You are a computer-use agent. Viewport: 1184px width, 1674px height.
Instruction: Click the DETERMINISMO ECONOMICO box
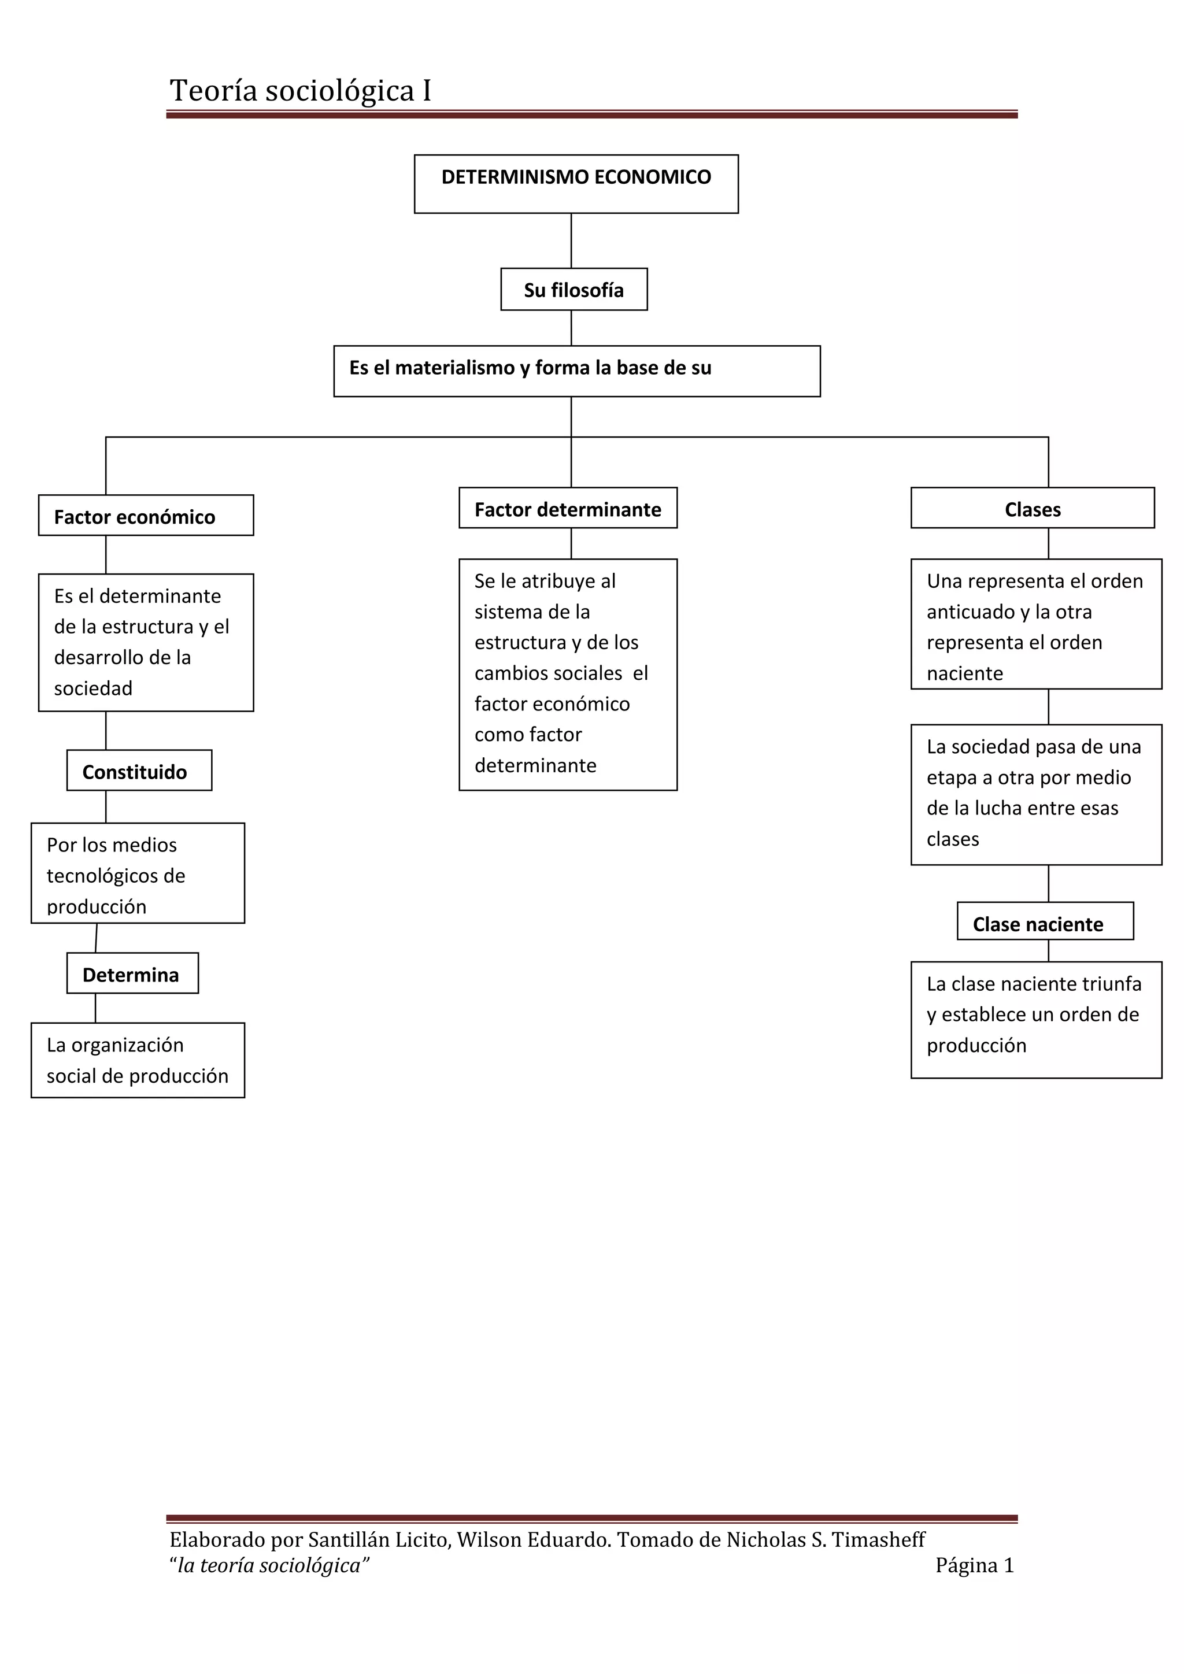click(x=576, y=184)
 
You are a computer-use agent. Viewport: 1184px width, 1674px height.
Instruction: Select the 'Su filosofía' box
click(x=573, y=290)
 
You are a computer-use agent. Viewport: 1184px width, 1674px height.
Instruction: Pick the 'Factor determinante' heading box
click(x=568, y=508)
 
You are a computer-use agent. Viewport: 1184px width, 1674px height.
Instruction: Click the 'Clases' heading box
click(x=1033, y=508)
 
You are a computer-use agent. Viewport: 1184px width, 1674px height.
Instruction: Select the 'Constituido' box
click(x=139, y=770)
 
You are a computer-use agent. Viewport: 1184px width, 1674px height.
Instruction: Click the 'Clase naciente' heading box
click(x=1045, y=921)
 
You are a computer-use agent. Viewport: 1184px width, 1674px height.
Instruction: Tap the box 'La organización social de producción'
click(x=138, y=1060)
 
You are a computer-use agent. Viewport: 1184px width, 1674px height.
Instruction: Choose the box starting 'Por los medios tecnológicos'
click(x=138, y=873)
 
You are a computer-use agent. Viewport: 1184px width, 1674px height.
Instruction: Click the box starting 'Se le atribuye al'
click(x=568, y=675)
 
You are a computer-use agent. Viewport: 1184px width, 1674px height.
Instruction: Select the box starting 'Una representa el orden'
click(x=1036, y=624)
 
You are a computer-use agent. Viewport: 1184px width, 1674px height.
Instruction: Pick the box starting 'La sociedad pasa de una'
click(x=1036, y=795)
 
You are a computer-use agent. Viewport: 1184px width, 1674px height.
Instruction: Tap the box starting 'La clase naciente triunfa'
click(x=1036, y=1019)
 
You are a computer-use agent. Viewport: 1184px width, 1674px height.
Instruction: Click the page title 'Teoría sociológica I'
click(x=301, y=91)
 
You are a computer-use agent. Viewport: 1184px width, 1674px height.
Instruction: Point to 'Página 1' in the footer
click(x=975, y=1565)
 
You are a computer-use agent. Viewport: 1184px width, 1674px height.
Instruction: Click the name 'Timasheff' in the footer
click(x=879, y=1540)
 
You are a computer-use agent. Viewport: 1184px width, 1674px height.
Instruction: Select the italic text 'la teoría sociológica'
click(x=269, y=1565)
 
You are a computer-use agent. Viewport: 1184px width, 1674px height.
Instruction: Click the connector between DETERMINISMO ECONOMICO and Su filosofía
click(x=571, y=240)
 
